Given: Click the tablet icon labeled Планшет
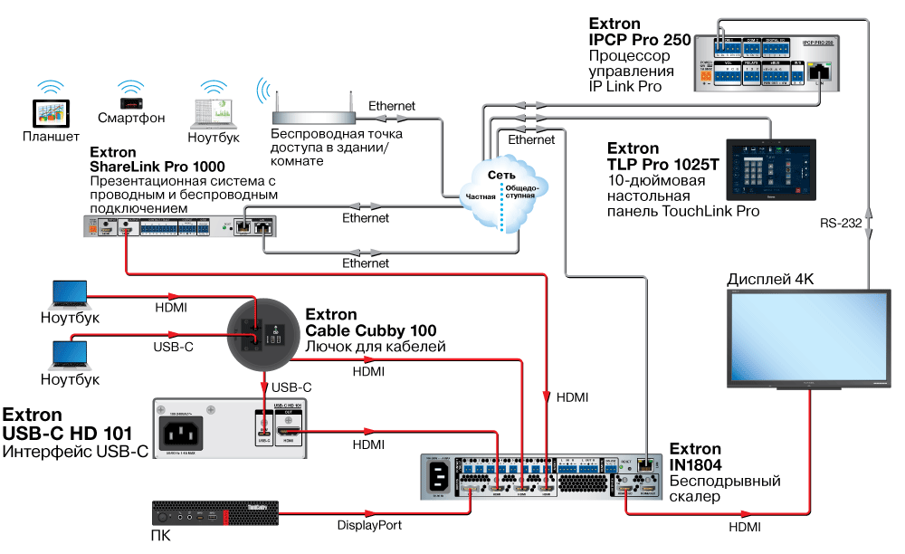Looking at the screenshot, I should click(x=51, y=113).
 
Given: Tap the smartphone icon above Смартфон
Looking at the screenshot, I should click(x=130, y=92).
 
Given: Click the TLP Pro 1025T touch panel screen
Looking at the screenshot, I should click(x=771, y=170).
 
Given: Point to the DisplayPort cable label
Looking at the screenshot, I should click(x=369, y=525).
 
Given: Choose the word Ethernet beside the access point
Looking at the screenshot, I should click(x=392, y=106).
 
